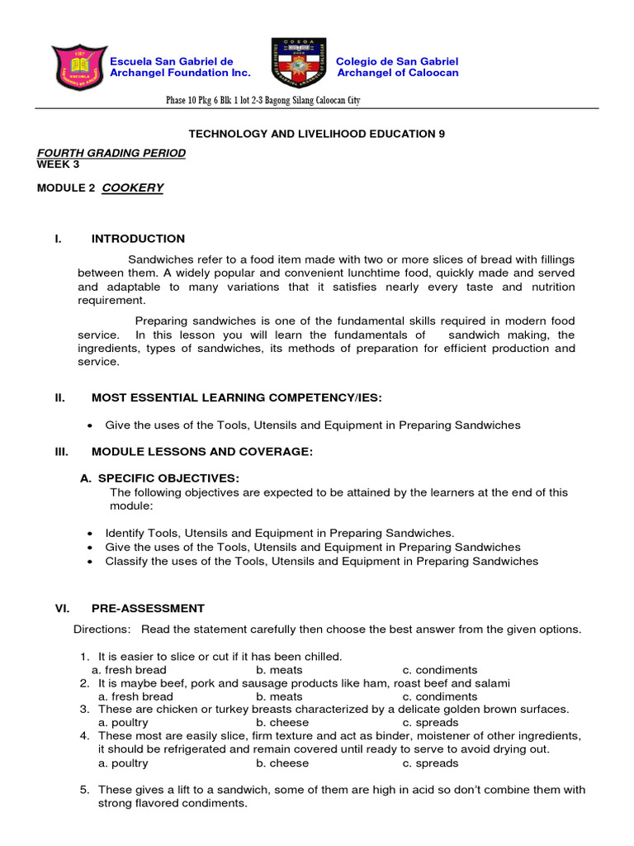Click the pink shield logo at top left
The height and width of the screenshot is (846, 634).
click(78, 68)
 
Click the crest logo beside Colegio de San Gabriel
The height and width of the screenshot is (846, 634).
click(298, 64)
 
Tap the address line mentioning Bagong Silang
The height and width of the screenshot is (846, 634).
click(263, 101)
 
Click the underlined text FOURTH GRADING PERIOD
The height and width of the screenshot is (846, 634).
click(111, 153)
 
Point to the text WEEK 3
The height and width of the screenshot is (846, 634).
click(59, 164)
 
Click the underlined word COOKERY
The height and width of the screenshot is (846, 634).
click(132, 188)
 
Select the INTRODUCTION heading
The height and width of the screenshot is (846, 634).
click(138, 239)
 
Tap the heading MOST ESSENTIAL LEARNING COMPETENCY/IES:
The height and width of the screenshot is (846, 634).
click(237, 397)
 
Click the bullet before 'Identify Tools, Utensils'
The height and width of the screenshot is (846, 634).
click(89, 534)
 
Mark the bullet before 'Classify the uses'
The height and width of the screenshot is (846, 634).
click(89, 562)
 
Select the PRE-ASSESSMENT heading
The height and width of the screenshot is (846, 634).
click(148, 608)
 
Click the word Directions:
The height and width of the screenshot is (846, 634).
click(102, 630)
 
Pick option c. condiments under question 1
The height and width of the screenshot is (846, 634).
click(440, 670)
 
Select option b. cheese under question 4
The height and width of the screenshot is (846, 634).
click(282, 763)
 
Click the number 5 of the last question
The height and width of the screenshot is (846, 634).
click(84, 790)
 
